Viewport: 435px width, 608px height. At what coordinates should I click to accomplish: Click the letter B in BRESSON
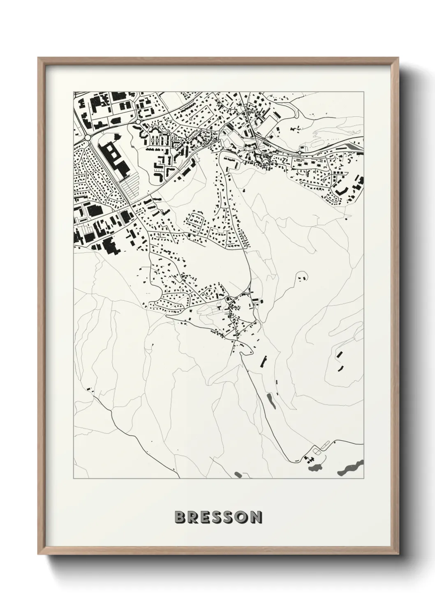179,517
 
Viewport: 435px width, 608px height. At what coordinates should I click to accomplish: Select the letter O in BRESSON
240,517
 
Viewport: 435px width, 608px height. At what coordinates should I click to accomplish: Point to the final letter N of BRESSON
255,517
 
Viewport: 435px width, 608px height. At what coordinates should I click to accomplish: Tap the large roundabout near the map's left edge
88,137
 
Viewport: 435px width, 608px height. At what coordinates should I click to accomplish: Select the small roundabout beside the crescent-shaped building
137,122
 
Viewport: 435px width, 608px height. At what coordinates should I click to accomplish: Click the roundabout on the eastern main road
300,152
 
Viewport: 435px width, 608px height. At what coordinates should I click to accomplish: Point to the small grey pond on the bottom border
238,475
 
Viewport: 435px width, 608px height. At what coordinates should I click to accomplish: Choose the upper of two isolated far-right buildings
339,354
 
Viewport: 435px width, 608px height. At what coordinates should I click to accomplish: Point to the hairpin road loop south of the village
247,352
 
